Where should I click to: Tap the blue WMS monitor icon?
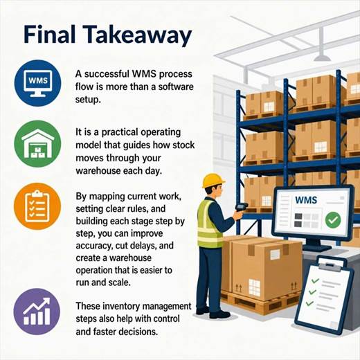(x=38, y=83)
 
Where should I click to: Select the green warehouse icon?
(x=37, y=144)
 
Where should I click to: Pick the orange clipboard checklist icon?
(x=37, y=206)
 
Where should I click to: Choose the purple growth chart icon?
(x=37, y=312)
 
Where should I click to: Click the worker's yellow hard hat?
(x=213, y=181)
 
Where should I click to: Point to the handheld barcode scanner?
(x=241, y=206)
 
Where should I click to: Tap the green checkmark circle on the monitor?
(x=333, y=220)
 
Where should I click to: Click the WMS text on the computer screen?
(x=306, y=200)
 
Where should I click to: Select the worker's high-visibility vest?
(x=209, y=224)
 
